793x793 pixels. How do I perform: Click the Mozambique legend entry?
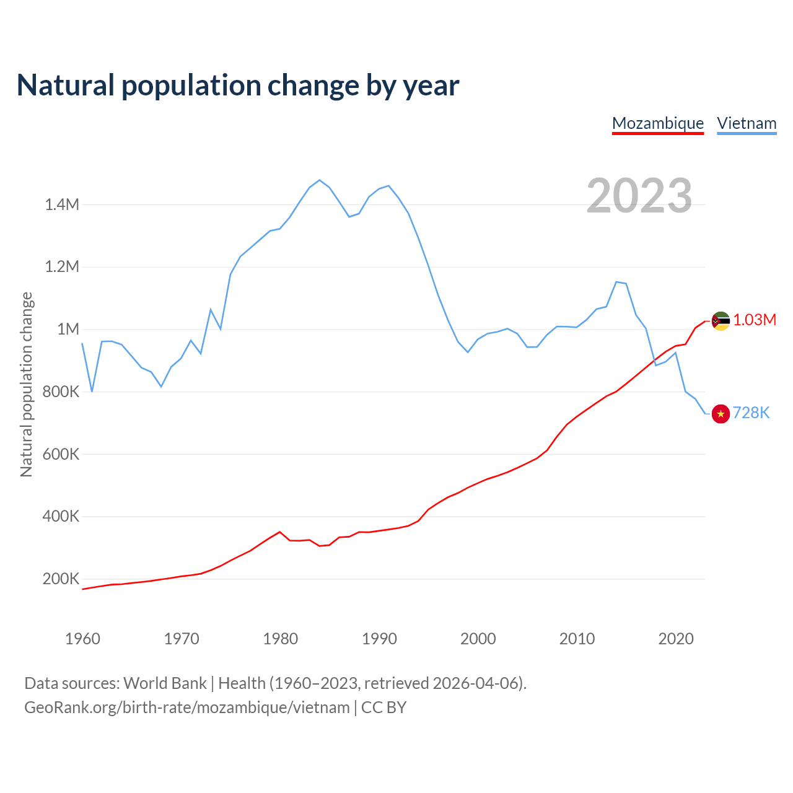pos(657,123)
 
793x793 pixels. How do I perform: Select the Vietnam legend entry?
pos(747,123)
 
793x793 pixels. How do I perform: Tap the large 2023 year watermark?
pos(639,195)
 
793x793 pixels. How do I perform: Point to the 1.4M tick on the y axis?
pos(62,204)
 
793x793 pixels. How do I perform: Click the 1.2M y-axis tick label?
pos(62,267)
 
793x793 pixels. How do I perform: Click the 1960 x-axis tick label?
pos(82,639)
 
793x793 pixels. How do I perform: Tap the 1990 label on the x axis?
pos(379,639)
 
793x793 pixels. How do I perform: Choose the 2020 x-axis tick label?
pos(676,639)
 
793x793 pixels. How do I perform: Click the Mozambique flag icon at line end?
pos(721,321)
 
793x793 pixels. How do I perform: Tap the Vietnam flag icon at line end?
pos(721,413)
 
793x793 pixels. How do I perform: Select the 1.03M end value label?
pos(755,320)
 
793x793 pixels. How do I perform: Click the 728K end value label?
pos(751,413)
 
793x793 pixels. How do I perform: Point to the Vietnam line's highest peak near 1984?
pos(319,180)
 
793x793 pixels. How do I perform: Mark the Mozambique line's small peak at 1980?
pos(280,532)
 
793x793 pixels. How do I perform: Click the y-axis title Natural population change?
pos(26,384)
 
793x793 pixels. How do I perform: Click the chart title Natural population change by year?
pos(238,85)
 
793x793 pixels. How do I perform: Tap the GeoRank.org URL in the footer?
pos(187,707)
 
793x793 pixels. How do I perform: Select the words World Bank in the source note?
pos(165,683)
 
